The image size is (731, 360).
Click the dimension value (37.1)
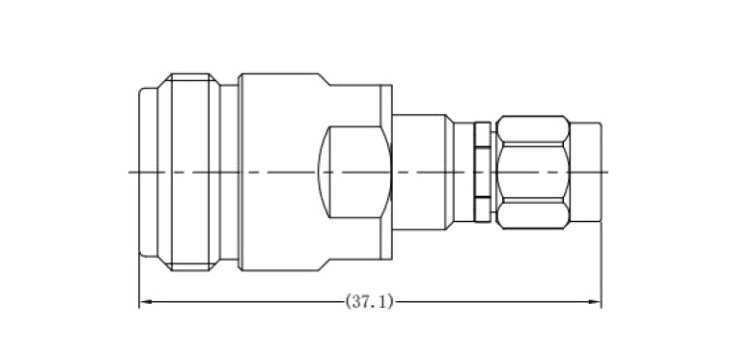(369, 302)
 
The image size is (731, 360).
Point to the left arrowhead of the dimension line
(145, 302)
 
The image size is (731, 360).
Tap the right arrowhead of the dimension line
(596, 302)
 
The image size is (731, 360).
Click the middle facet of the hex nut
(533, 173)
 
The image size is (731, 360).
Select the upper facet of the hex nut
(533, 129)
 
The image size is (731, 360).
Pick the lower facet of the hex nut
(533, 214)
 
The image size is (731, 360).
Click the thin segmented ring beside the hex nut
(483, 172)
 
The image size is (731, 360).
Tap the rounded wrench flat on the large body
(354, 172)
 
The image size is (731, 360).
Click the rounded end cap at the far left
(149, 172)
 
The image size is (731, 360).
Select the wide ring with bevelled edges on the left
(188, 172)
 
